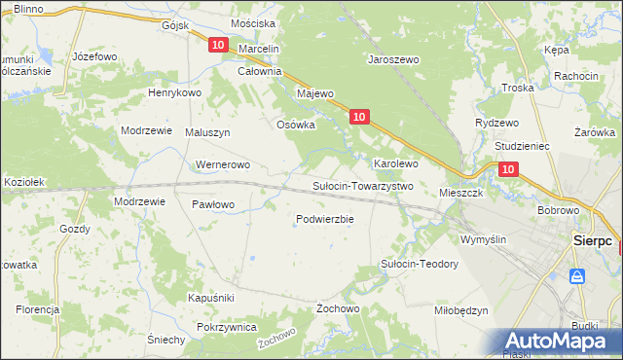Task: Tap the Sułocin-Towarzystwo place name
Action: pyautogui.click(x=362, y=185)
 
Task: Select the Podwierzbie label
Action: pyautogui.click(x=324, y=219)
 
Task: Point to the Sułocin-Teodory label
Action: pyautogui.click(x=419, y=264)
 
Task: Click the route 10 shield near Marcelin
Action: pyautogui.click(x=217, y=45)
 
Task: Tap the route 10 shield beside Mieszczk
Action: pyautogui.click(x=507, y=169)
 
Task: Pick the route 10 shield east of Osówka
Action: pyautogui.click(x=359, y=117)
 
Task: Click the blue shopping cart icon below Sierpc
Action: pyautogui.click(x=578, y=276)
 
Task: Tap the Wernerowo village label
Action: pyautogui.click(x=224, y=164)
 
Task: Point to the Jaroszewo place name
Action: pyautogui.click(x=392, y=59)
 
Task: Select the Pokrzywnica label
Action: pyautogui.click(x=226, y=327)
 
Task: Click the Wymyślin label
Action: pyautogui.click(x=484, y=238)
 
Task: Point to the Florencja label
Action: pyautogui.click(x=37, y=308)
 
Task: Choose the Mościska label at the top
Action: pyautogui.click(x=253, y=22)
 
